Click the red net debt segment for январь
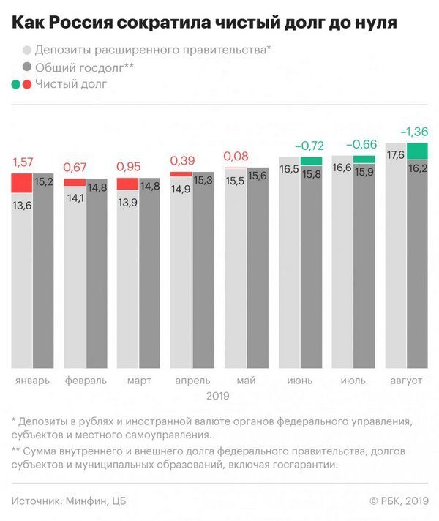(21, 184)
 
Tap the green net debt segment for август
(416, 151)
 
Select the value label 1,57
(23, 162)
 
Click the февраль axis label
(86, 381)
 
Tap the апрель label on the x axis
(192, 381)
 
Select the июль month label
(353, 381)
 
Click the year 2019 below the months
(218, 396)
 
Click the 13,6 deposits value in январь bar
(22, 206)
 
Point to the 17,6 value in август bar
(396, 154)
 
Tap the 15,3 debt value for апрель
(203, 181)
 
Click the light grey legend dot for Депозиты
(27, 50)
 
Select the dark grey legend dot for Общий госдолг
(27, 67)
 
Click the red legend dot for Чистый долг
(27, 85)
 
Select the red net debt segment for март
(128, 184)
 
